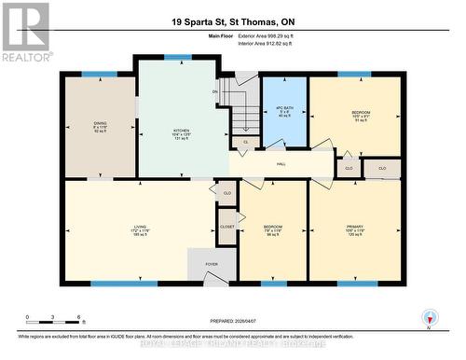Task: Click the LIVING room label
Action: click(139, 227)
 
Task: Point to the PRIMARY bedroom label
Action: click(355, 228)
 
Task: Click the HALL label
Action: click(281, 163)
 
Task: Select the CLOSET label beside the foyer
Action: click(227, 227)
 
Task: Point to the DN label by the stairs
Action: click(215, 91)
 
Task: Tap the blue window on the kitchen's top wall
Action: click(177, 57)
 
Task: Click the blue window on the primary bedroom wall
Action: click(357, 283)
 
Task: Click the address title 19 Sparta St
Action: click(232, 21)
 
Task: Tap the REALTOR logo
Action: click(25, 32)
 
